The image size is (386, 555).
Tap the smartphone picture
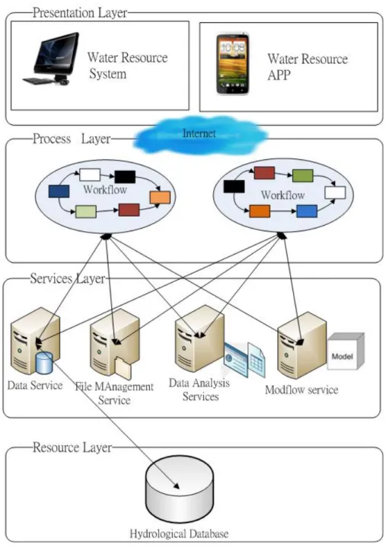point(233,64)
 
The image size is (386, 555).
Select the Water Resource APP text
point(308,66)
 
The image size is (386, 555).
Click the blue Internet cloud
point(200,134)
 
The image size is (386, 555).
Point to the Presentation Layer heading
point(80,13)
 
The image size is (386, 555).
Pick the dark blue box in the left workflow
point(59,191)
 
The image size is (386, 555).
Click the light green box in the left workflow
point(86,211)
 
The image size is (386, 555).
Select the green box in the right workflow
point(302,175)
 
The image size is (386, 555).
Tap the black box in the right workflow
point(234,186)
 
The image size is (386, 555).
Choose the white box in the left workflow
point(90,175)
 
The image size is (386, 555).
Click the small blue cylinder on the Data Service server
point(44,363)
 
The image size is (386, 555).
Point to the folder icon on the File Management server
point(123,368)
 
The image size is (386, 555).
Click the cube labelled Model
point(346,351)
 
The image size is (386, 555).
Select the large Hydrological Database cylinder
point(180,489)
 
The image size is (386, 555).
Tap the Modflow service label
point(301,390)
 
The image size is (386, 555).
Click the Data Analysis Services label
point(199,390)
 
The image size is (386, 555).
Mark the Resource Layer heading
point(72,448)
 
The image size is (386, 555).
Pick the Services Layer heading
point(68,278)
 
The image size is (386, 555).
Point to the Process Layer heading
point(72,139)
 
